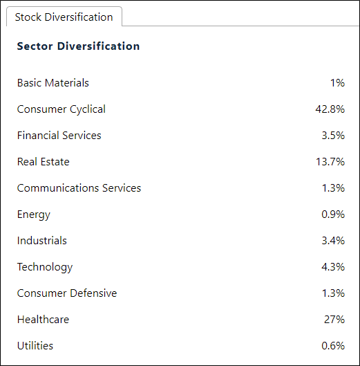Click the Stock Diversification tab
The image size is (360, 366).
point(64,17)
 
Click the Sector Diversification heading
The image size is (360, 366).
point(78,46)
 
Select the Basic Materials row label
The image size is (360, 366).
point(53,83)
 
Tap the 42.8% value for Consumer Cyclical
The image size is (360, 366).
point(330,109)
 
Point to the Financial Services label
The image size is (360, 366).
point(59,136)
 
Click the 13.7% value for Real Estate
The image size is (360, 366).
point(330,162)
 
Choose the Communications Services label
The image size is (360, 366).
point(79,188)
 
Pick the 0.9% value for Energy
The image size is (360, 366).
point(333,214)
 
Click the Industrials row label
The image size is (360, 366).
point(42,241)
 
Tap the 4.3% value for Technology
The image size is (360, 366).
point(333,267)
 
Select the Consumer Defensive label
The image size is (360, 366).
point(67,293)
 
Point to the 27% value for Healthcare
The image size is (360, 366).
point(334,320)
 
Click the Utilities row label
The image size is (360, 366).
point(35,346)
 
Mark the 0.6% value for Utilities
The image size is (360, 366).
point(333,346)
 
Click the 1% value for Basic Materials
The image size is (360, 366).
point(337,83)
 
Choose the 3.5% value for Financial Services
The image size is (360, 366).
point(333,136)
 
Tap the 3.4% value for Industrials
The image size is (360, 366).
point(333,241)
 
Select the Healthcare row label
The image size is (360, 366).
point(43,320)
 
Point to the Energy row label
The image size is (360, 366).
point(34,214)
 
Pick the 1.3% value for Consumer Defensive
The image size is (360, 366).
point(333,293)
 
